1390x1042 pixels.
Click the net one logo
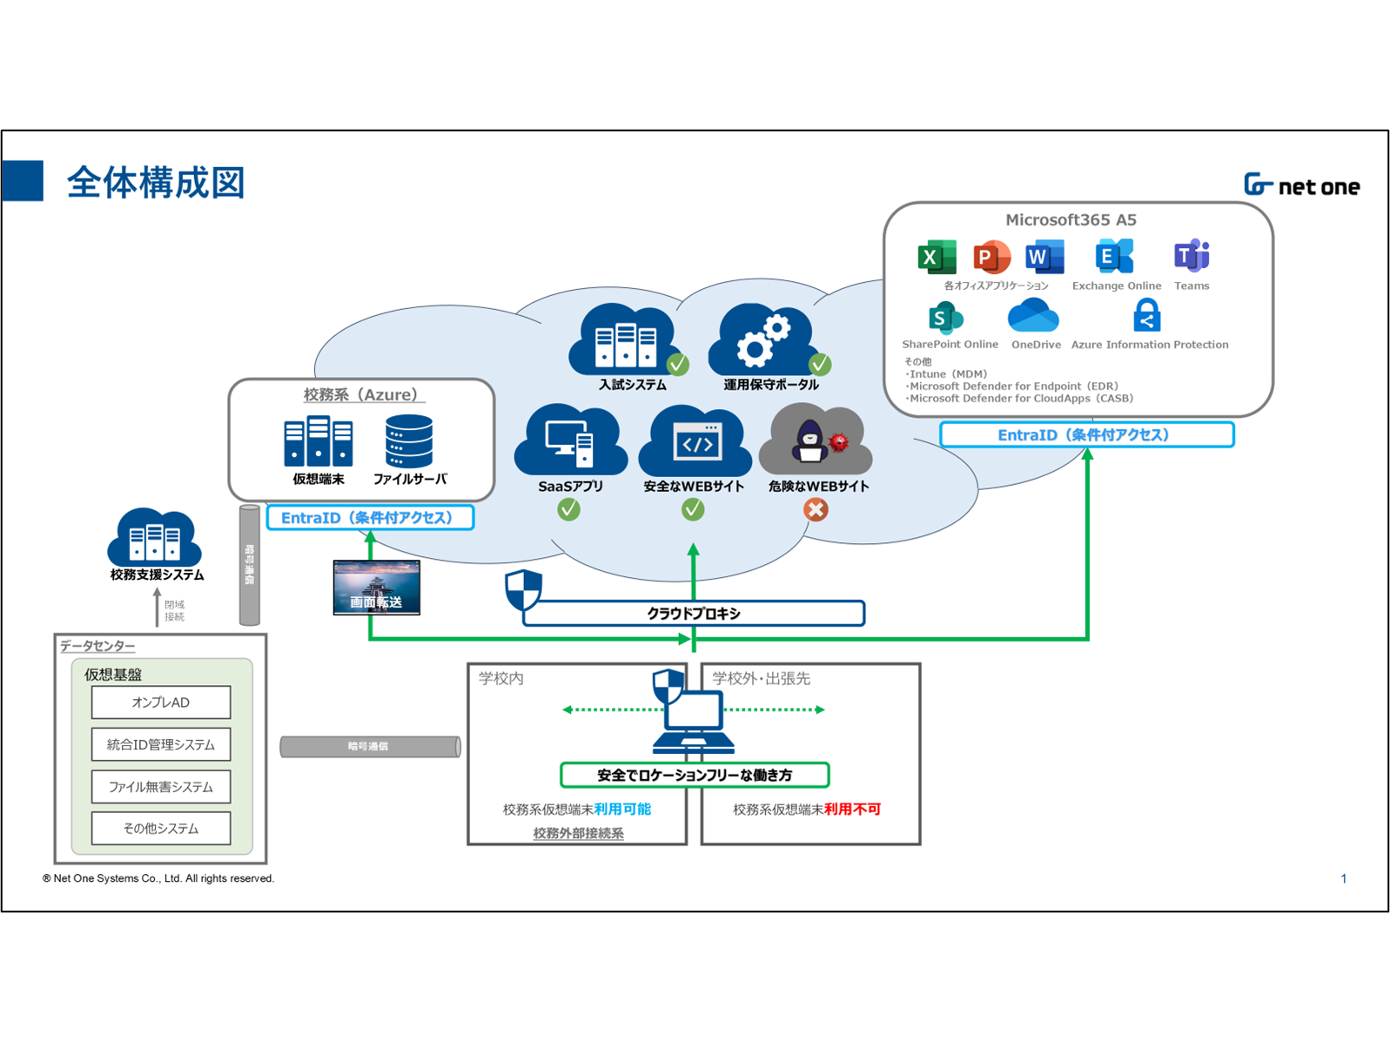1301,185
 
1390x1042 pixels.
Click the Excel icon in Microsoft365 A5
937,257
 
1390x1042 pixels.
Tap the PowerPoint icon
990,257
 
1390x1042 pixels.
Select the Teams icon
1192,256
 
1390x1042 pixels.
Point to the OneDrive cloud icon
1033,316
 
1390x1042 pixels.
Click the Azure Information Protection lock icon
1147,315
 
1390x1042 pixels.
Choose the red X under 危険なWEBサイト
816,509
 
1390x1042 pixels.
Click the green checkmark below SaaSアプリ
569,509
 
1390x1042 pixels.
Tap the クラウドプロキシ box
694,613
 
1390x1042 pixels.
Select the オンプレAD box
161,703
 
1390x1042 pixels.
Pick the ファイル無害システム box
161,787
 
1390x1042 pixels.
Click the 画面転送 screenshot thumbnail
377,588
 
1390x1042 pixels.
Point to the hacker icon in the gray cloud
810,440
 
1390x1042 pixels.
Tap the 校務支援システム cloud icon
155,537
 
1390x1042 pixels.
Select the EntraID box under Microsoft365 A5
1086,434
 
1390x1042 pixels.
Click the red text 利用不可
853,809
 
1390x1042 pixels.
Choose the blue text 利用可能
622,809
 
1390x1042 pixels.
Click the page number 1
1343,878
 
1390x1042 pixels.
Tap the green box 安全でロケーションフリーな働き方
695,775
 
